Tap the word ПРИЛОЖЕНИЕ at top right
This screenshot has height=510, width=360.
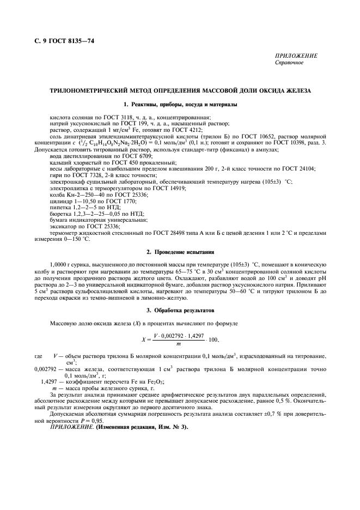297,56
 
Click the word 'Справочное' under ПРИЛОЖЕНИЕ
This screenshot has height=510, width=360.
291,63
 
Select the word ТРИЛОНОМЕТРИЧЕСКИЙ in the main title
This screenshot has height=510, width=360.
87,90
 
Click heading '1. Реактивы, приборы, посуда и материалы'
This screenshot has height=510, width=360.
180,104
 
